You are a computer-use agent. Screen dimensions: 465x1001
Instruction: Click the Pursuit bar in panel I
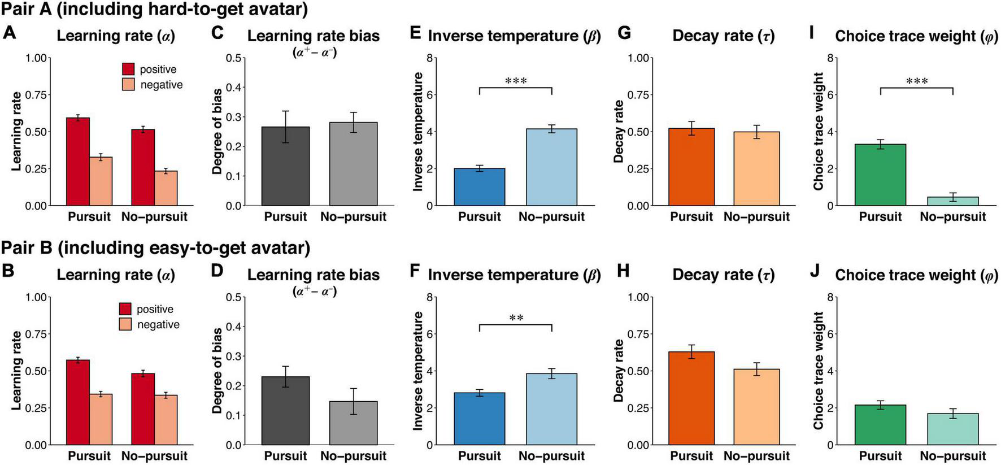[x=880, y=175]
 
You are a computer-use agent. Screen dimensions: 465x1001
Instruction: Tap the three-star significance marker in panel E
[x=516, y=81]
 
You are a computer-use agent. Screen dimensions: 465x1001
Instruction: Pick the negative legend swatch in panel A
[x=129, y=85]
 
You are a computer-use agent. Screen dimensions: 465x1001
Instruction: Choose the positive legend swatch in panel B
[x=125, y=309]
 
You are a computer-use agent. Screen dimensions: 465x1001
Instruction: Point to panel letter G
[x=624, y=33]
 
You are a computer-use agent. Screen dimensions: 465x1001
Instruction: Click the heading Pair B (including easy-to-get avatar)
[x=155, y=248]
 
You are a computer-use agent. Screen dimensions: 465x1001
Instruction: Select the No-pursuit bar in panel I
[x=952, y=201]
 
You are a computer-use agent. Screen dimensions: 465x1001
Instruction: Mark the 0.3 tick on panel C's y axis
[x=233, y=117]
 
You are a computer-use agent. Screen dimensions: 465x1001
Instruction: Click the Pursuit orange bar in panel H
[x=691, y=398]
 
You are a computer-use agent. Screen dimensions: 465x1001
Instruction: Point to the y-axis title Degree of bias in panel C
[x=217, y=132]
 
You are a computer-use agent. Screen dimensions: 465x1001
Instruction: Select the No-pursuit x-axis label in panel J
[x=952, y=456]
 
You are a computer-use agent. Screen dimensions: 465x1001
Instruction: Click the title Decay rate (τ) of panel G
[x=723, y=36]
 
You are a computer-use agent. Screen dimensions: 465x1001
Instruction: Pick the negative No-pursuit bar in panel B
[x=166, y=420]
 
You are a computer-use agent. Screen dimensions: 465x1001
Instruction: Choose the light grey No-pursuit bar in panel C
[x=353, y=164]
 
